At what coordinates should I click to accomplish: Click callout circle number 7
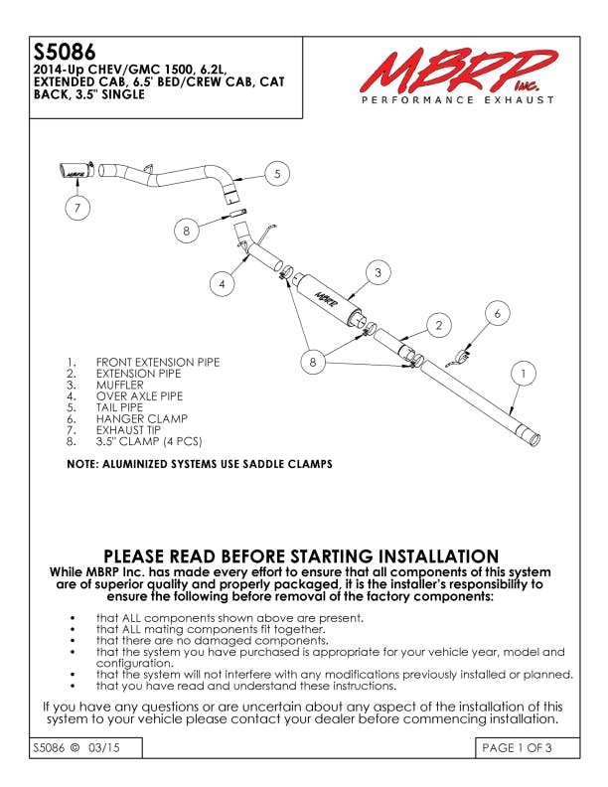click(76, 208)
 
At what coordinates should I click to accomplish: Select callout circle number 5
click(277, 173)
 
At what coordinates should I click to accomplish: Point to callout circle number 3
click(377, 270)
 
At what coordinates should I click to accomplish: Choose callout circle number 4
click(223, 283)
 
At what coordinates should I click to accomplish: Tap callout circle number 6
click(499, 313)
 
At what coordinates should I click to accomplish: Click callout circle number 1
click(523, 373)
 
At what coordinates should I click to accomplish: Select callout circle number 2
click(437, 324)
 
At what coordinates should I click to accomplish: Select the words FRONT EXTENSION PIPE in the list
click(157, 363)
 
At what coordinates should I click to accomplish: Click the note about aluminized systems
click(199, 464)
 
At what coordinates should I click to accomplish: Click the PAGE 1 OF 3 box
click(517, 748)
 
